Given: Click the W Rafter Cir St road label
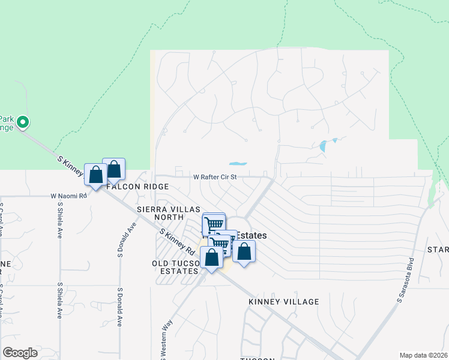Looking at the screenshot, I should coord(215,177).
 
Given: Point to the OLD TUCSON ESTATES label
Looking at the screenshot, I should coord(175,267).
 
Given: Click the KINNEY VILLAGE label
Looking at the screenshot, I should coord(283,302).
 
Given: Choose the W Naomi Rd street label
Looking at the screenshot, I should coord(69,196).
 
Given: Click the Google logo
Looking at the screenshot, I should coord(20,353).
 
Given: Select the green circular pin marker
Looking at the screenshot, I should coord(23,123).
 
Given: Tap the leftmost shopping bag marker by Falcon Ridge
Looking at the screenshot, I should coord(95,175).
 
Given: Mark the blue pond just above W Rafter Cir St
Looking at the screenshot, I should coord(238,163).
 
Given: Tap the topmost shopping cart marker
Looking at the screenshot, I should coord(213,224).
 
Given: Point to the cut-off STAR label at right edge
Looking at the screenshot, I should coord(438,249).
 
